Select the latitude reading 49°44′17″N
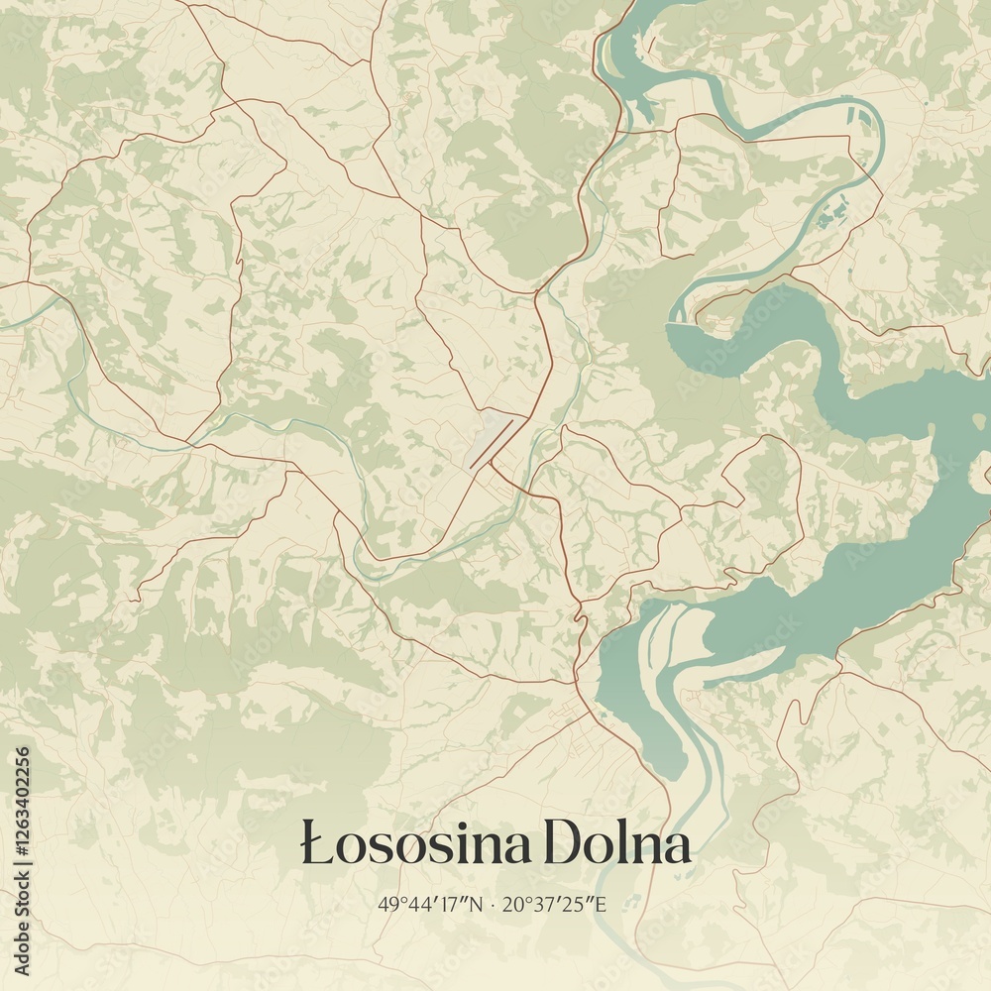[x=430, y=904]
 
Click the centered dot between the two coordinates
[x=494, y=904]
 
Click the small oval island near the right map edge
[x=979, y=421]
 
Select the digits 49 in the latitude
[x=385, y=904]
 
